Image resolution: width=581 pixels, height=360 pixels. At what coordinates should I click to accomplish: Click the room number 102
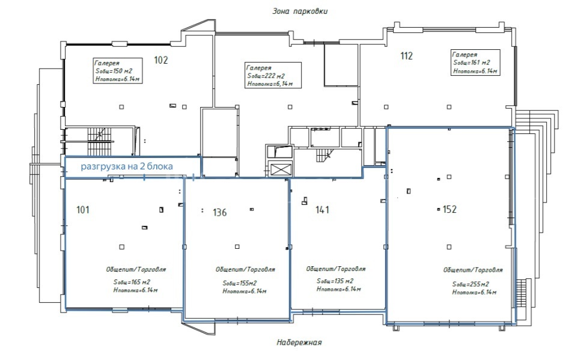click(x=161, y=60)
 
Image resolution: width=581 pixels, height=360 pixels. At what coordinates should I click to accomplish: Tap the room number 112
click(x=407, y=56)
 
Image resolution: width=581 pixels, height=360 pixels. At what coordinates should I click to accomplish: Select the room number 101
click(x=83, y=210)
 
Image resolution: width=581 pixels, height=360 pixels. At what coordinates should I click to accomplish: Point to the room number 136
click(x=220, y=212)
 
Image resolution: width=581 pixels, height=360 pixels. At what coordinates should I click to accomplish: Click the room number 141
click(x=322, y=210)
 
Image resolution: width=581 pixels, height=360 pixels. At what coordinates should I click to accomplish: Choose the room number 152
click(x=449, y=210)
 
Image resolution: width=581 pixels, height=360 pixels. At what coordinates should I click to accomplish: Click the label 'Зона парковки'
click(x=300, y=11)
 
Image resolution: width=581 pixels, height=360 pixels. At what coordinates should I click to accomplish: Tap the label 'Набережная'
click(x=299, y=342)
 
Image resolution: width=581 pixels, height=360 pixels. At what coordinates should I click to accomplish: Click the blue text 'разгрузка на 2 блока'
click(x=127, y=166)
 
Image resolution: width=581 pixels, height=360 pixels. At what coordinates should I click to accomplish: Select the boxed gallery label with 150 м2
click(x=118, y=71)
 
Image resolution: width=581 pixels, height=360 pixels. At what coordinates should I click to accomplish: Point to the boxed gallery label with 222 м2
click(x=273, y=75)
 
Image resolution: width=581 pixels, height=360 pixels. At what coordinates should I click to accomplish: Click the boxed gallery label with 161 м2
click(x=476, y=63)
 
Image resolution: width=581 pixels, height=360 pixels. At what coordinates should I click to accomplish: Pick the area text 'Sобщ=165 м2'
click(x=132, y=282)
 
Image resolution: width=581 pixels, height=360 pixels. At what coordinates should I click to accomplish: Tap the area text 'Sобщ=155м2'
click(x=240, y=283)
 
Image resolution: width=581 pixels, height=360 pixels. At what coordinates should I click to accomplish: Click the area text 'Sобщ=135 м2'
click(x=335, y=281)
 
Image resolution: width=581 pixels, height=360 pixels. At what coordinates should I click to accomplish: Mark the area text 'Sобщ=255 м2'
click(x=470, y=284)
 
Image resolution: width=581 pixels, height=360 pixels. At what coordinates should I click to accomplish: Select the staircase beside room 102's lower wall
click(x=99, y=141)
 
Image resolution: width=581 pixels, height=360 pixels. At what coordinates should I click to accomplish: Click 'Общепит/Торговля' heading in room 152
click(x=473, y=270)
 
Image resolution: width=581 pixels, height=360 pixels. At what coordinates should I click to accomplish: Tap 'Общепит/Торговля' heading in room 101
click(x=136, y=269)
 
